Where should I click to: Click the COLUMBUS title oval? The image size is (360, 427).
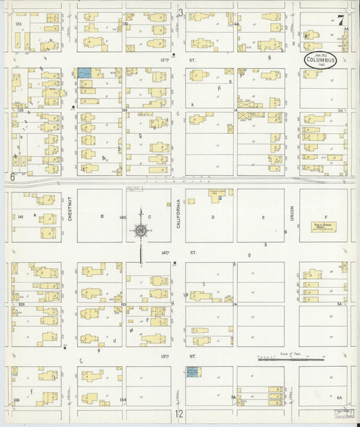pos(320,59)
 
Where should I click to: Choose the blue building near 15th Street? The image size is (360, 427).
pos(84,72)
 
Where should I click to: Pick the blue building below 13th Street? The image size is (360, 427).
pos(192,371)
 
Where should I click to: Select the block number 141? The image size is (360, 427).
pos(21,216)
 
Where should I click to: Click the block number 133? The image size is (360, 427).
pos(18,24)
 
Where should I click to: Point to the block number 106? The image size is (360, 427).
pos(17,400)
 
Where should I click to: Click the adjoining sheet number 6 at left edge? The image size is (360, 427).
pos(12,177)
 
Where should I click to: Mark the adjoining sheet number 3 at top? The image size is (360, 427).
pos(180,11)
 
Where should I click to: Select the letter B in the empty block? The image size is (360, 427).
pos(101,216)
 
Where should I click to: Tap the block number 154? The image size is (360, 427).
pos(122,400)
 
